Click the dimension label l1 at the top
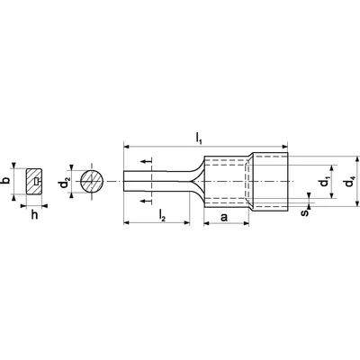pos(199,138)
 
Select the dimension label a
pos(224,217)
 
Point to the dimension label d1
pos(325,182)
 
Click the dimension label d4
pos(350,182)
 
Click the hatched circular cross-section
pos(92,182)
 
